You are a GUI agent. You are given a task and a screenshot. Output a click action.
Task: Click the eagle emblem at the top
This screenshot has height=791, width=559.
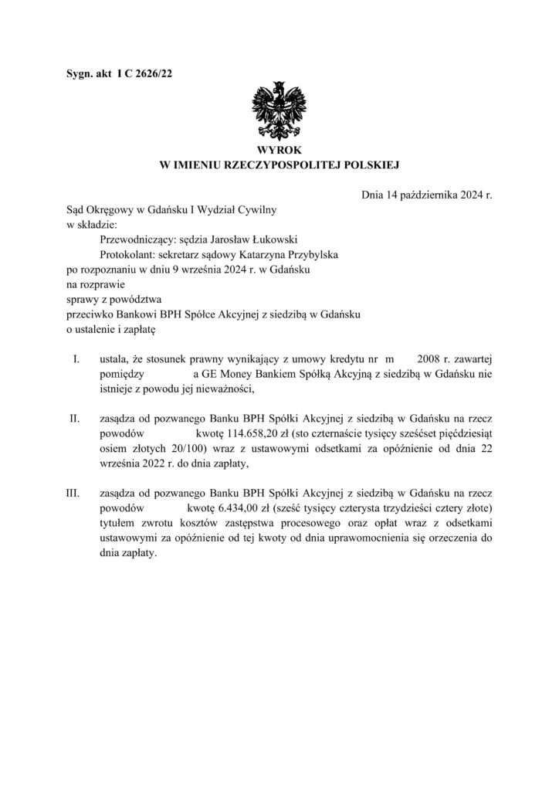coord(279,109)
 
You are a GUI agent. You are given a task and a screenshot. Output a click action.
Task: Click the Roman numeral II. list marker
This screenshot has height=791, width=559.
coord(75,419)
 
